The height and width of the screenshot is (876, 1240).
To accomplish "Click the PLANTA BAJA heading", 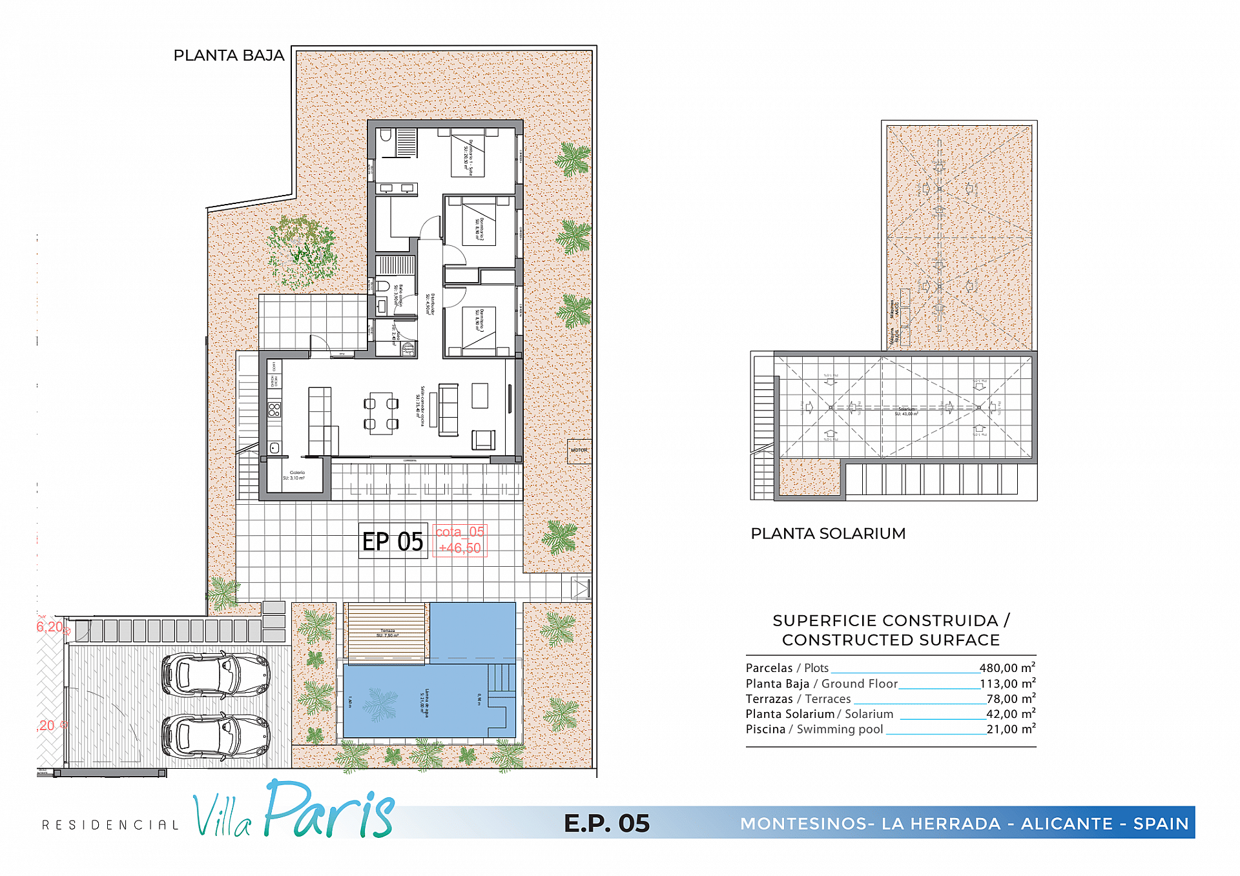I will (229, 56).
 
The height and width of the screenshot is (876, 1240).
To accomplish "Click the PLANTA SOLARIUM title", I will (827, 534).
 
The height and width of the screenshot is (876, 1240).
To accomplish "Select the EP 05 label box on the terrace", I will (393, 541).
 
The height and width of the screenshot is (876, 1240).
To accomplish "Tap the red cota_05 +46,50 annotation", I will (459, 540).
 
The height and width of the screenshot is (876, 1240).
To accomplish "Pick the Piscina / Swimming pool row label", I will (814, 729).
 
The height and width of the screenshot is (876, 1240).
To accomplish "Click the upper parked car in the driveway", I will (215, 675).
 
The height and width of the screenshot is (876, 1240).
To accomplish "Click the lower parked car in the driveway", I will (215, 736).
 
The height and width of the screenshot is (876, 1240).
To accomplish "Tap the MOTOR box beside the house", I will (579, 451).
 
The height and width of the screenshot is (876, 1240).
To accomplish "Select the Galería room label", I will (296, 475).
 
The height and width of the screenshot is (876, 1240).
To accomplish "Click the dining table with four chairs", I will (381, 413).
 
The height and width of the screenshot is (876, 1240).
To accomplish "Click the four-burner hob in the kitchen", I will (274, 409).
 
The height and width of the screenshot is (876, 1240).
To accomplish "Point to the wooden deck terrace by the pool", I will (386, 631).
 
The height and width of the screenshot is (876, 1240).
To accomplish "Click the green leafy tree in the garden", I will (302, 252).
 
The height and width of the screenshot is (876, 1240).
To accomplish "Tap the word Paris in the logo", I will (329, 811).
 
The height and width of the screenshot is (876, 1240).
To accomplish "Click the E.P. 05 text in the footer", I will (606, 824).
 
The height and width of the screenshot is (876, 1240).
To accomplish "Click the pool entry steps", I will (502, 678).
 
